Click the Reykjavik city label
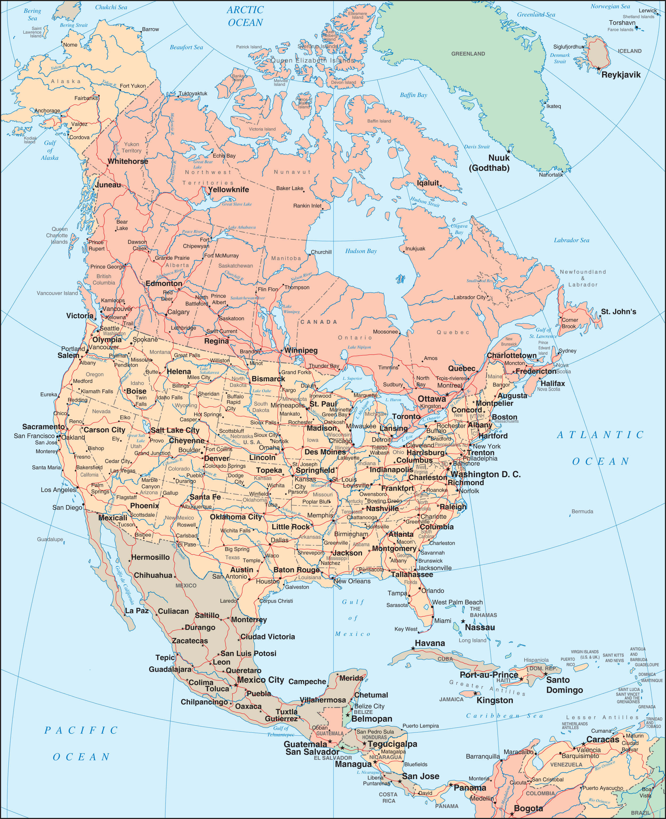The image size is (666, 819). click(x=621, y=75)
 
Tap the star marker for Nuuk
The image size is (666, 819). click(x=509, y=151)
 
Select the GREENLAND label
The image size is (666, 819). click(x=468, y=54)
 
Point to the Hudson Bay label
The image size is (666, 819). click(x=361, y=251)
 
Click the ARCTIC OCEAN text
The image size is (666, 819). click(x=245, y=16)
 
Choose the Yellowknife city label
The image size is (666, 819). click(x=228, y=189)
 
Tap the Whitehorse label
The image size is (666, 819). click(x=128, y=161)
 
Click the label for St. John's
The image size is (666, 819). click(x=618, y=312)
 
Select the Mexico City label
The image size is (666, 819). click(x=261, y=680)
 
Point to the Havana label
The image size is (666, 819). click(x=430, y=643)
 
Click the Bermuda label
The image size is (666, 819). click(x=582, y=511)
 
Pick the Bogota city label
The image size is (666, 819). click(x=528, y=809)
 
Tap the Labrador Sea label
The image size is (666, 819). click(x=571, y=240)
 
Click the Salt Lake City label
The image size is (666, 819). click(x=175, y=430)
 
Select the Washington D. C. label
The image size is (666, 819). click(x=485, y=474)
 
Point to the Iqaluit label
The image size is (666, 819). click(x=428, y=183)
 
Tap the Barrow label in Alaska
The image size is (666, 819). click(x=151, y=29)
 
